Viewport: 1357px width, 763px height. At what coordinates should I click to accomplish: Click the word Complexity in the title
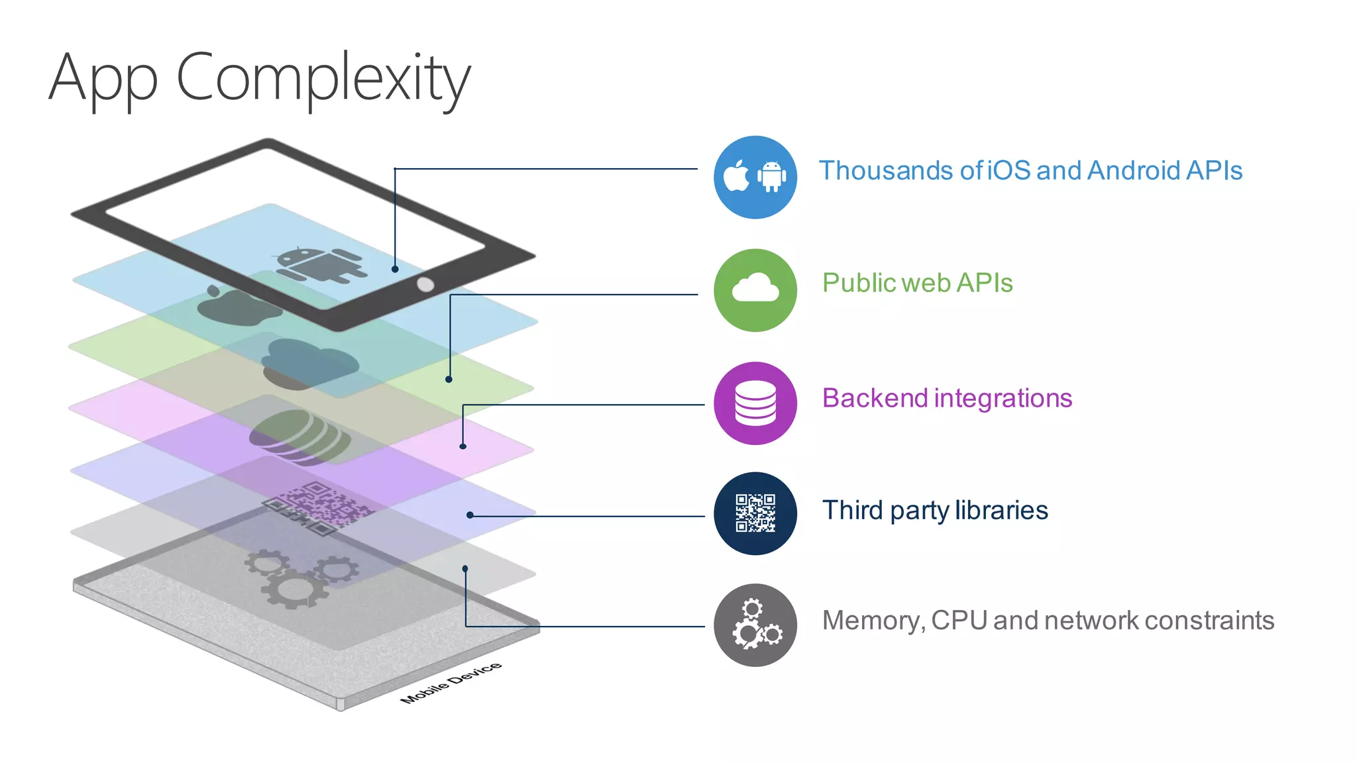323,78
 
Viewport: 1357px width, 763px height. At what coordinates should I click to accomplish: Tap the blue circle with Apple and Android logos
755,177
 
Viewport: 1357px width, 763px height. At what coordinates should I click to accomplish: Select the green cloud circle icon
755,290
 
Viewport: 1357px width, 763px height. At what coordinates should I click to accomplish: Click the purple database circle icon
755,403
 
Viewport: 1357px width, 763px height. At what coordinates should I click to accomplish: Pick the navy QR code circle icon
755,513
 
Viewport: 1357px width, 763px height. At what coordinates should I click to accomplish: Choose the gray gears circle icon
755,625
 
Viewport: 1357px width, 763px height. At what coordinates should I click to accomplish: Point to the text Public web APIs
917,283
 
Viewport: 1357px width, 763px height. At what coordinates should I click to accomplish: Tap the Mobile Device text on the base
451,682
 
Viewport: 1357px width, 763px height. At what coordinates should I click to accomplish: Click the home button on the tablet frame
425,285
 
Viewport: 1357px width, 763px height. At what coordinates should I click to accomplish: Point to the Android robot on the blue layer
318,266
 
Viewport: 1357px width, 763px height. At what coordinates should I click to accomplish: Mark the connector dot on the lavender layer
470,515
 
